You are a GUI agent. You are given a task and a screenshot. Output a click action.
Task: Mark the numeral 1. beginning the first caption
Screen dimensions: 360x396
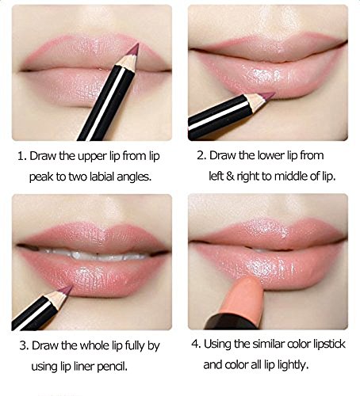point(22,156)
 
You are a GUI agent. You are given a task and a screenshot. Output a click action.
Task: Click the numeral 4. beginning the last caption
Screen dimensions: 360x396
point(196,345)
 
